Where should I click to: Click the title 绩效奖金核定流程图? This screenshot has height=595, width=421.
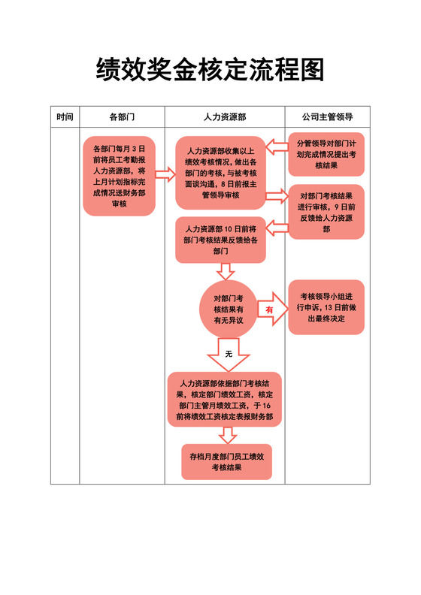point(210,71)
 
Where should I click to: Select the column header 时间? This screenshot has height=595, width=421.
point(65,117)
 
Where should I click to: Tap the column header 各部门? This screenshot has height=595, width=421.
point(122,117)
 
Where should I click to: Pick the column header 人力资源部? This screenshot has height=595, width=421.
point(225,117)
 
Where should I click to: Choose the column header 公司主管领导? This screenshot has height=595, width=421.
point(328,117)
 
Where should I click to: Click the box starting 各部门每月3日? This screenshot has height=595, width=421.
point(119,176)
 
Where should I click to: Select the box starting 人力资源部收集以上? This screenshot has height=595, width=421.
point(220,173)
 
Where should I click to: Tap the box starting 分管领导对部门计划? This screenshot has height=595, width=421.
point(326,154)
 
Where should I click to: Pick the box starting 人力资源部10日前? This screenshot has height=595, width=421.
point(220,240)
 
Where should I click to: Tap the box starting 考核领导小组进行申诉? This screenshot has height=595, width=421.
point(326,307)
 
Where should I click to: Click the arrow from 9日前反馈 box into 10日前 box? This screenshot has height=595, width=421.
point(277,228)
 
